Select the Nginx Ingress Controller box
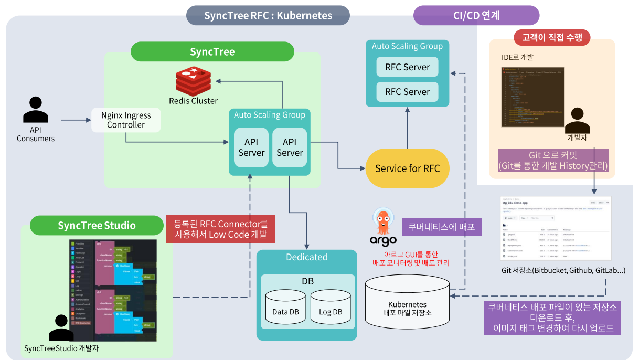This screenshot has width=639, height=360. [x=126, y=120]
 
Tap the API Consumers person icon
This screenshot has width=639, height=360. [x=35, y=110]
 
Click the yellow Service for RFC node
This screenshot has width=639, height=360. [x=407, y=168]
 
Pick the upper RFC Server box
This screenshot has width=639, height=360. [x=407, y=67]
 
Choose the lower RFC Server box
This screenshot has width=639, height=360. [x=407, y=92]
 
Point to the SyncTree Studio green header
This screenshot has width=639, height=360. [x=97, y=226]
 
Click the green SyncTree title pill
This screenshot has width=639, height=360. [x=212, y=52]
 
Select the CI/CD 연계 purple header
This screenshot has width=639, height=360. [x=476, y=15]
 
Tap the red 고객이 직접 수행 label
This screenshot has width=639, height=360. [x=552, y=37]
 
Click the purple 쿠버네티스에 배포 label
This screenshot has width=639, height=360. [x=441, y=227]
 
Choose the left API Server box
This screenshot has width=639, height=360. [x=251, y=147]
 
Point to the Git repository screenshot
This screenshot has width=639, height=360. [x=556, y=228]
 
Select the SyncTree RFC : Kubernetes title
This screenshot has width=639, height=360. [x=268, y=15]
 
